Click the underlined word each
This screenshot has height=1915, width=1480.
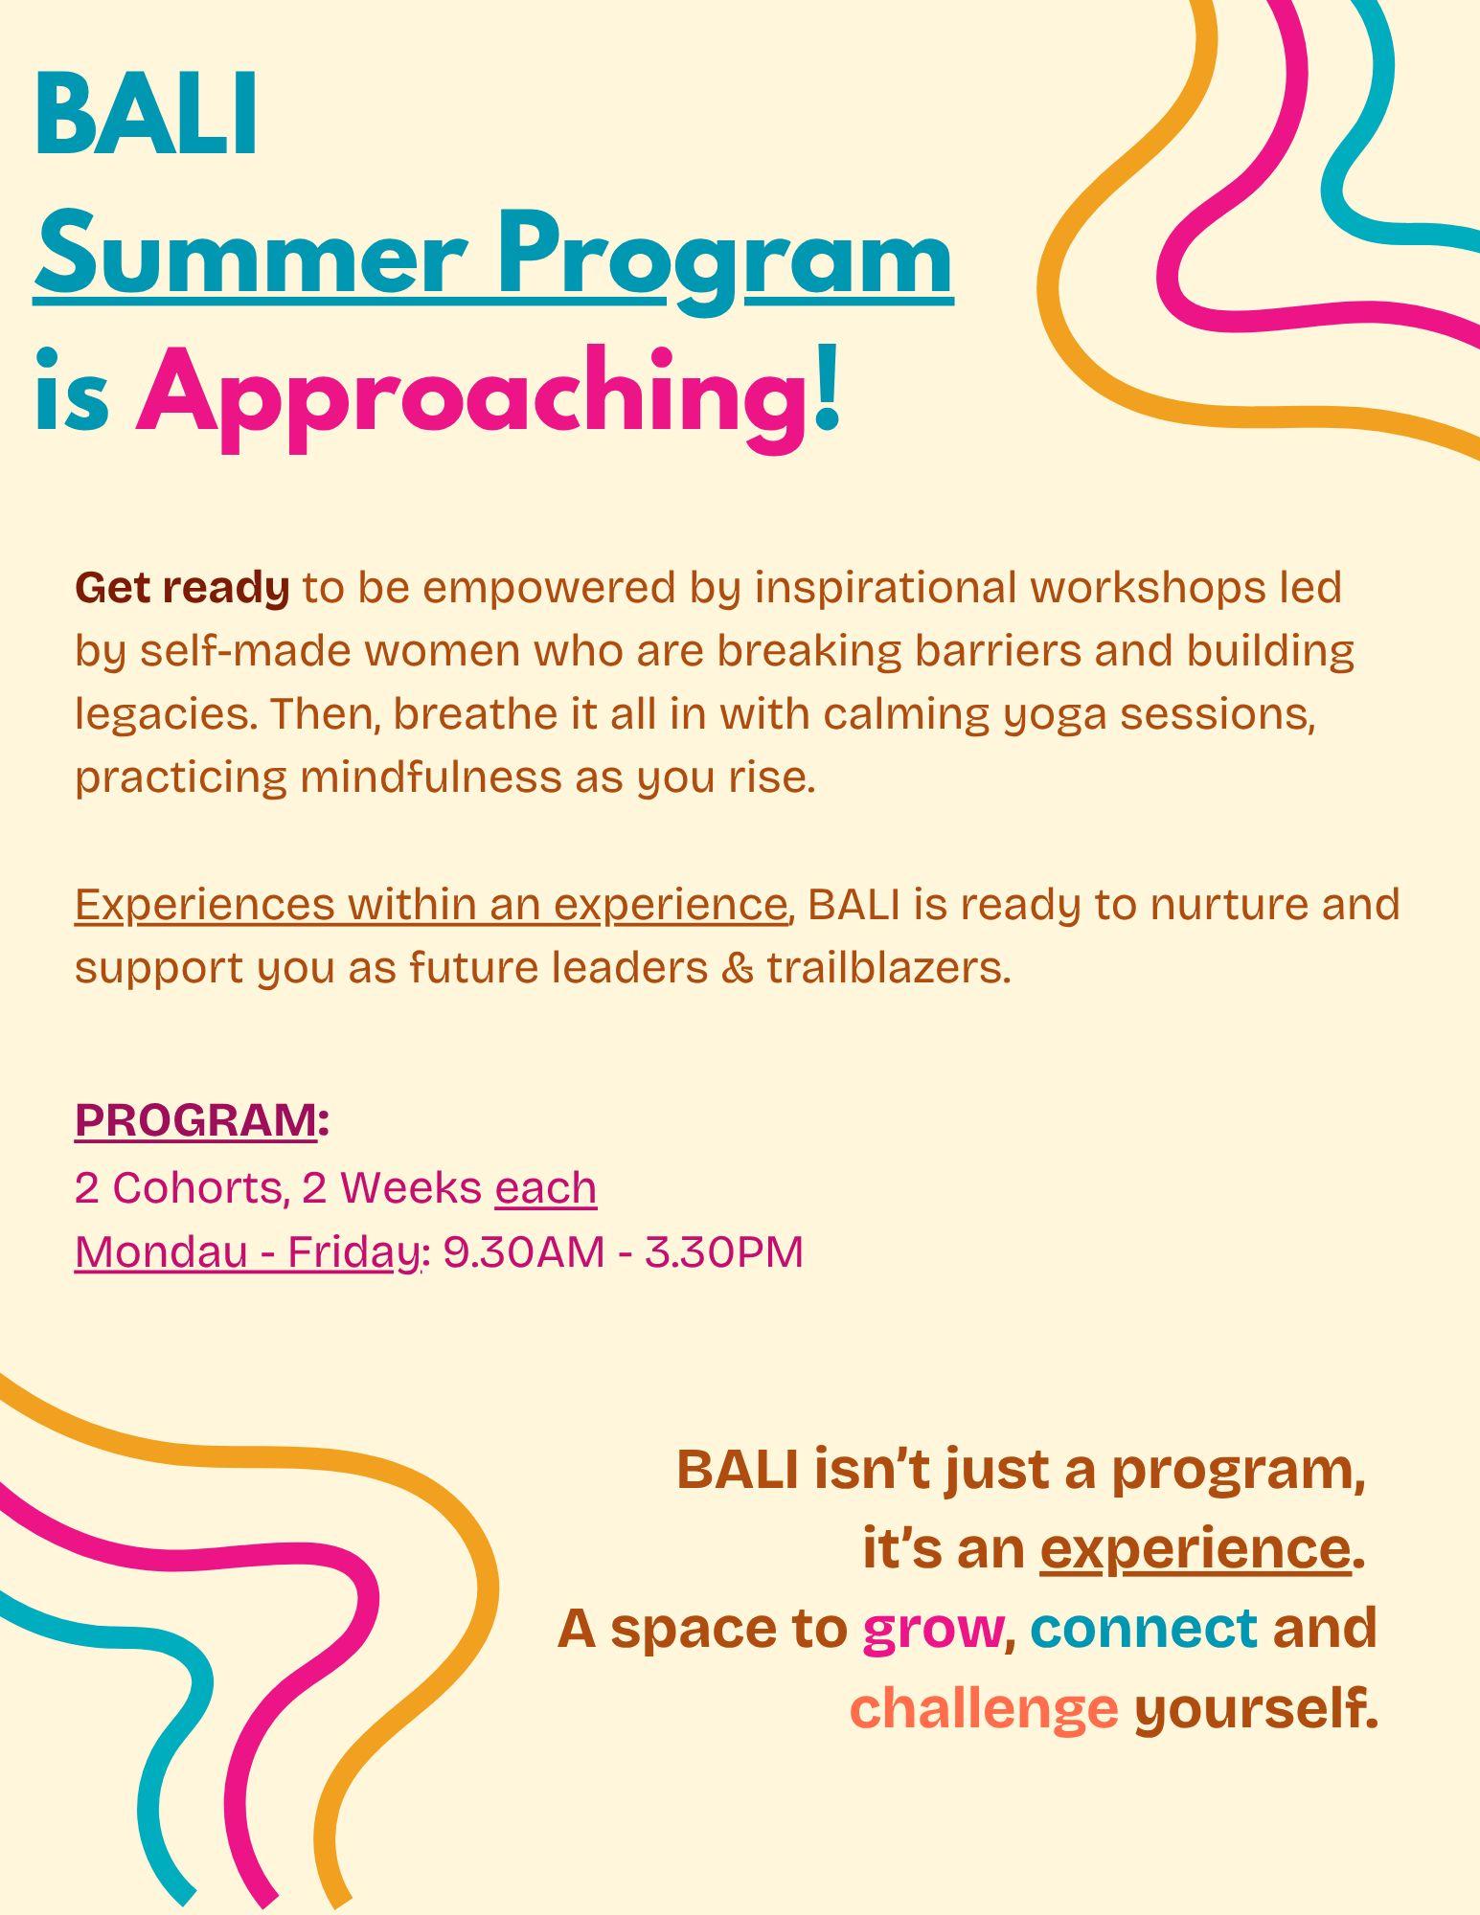[546, 1188]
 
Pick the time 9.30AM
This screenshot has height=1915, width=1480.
[524, 1252]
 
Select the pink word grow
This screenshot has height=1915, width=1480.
[932, 1630]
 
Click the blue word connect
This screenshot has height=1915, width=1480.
[1144, 1627]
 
